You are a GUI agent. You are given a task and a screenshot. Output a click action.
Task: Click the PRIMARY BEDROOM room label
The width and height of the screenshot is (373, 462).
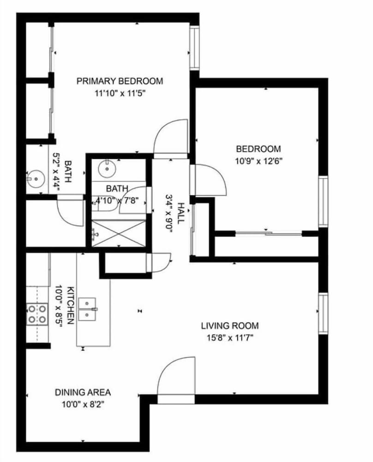coord(120,81)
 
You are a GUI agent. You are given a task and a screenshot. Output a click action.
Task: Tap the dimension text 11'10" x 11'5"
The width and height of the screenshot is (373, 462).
coord(120,94)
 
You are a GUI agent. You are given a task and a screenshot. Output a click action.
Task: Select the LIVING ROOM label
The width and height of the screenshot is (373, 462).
coord(230,326)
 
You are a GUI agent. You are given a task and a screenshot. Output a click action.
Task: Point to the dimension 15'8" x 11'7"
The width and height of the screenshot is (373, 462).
coord(230,338)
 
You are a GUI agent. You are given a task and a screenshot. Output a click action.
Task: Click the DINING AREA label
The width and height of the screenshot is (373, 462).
coord(83,392)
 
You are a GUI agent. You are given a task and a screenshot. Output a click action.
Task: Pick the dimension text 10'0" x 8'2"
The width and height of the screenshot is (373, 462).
coord(83,405)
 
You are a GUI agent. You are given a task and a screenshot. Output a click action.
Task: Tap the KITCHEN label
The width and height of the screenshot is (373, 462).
coord(70,305)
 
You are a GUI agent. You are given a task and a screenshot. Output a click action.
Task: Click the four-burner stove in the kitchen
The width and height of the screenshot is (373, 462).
coord(37,314)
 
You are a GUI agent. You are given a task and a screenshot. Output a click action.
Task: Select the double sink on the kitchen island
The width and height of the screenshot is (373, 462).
coord(87,310)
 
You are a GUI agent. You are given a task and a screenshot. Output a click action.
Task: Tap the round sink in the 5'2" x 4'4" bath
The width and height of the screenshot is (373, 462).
coord(36,178)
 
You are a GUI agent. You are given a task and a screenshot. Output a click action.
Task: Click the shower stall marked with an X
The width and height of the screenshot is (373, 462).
coord(118,233)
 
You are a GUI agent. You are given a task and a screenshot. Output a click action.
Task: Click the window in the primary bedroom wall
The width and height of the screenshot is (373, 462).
coord(194,48)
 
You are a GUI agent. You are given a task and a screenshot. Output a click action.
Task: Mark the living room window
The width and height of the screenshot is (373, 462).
coord(323,314)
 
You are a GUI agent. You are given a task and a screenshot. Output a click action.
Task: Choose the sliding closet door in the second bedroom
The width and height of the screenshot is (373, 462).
coord(269,234)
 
